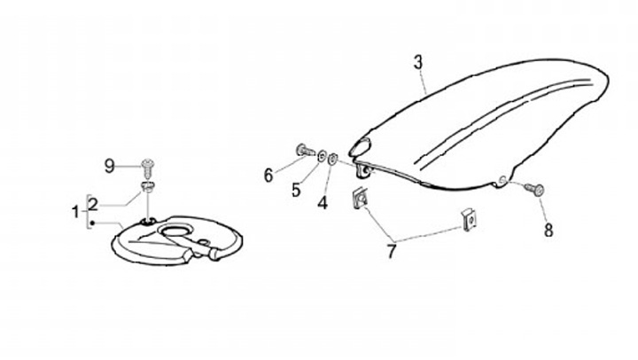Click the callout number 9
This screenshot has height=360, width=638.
pos(110,166)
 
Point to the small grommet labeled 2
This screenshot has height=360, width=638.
pos(149,187)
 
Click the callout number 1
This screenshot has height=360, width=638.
pos(75,212)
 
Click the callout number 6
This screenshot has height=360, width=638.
pos(268,175)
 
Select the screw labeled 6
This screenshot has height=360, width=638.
pos(304,153)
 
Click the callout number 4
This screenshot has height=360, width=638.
pos(323,203)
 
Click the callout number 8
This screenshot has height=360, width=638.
pos(548,231)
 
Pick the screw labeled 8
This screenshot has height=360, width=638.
pos(534,188)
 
